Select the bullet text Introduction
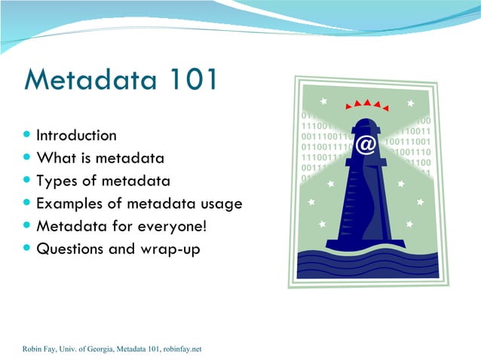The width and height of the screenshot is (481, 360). tap(76, 136)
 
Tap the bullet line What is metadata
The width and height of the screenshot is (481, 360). tap(100, 159)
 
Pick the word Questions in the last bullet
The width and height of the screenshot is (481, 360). tap(70, 249)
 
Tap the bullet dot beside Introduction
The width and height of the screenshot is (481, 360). tap(27, 136)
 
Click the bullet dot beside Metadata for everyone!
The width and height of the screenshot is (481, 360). tap(27, 226)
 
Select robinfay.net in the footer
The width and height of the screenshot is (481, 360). tap(182, 349)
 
